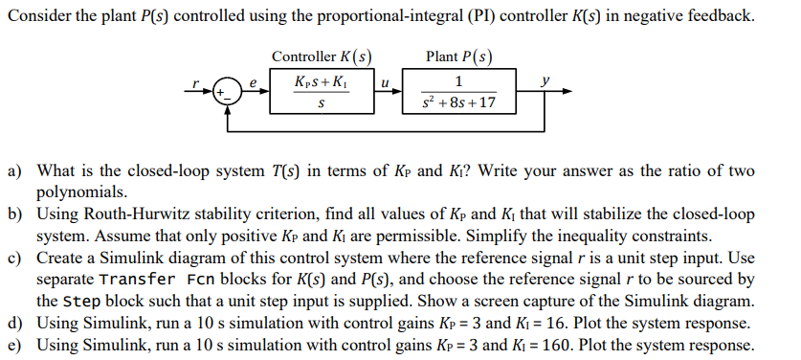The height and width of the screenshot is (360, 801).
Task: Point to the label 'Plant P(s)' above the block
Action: [459, 56]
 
